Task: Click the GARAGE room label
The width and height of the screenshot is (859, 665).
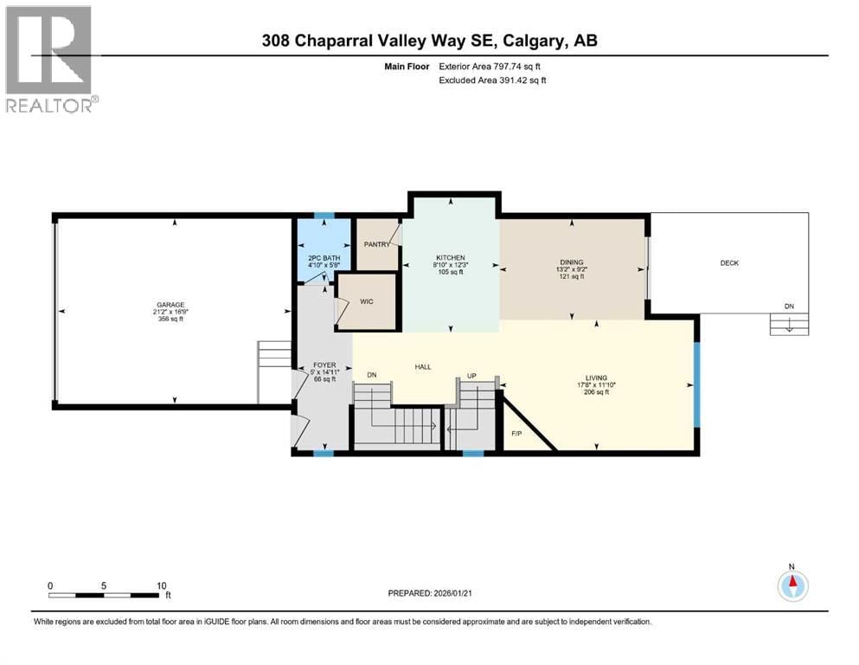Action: pyautogui.click(x=170, y=305)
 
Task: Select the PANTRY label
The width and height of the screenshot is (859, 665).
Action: pyautogui.click(x=376, y=244)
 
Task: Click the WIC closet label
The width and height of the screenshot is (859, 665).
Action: pyautogui.click(x=365, y=302)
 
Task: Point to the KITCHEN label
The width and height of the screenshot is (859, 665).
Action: pyautogui.click(x=450, y=258)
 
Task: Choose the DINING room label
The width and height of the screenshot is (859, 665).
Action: pyautogui.click(x=571, y=262)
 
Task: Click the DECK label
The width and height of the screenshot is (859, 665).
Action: pyautogui.click(x=729, y=263)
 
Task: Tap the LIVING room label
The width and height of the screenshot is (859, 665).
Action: pyautogui.click(x=596, y=377)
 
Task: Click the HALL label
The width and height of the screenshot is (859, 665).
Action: pyautogui.click(x=423, y=367)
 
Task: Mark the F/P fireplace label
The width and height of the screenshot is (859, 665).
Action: pyautogui.click(x=516, y=433)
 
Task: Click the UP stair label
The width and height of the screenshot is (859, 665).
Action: pyautogui.click(x=471, y=375)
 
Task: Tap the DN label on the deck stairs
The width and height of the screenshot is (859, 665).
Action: pyautogui.click(x=788, y=307)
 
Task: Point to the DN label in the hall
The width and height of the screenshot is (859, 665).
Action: pyautogui.click(x=372, y=375)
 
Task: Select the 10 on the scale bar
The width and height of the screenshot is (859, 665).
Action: pyautogui.click(x=161, y=585)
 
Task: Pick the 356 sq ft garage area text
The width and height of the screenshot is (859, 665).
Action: pyautogui.click(x=170, y=320)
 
